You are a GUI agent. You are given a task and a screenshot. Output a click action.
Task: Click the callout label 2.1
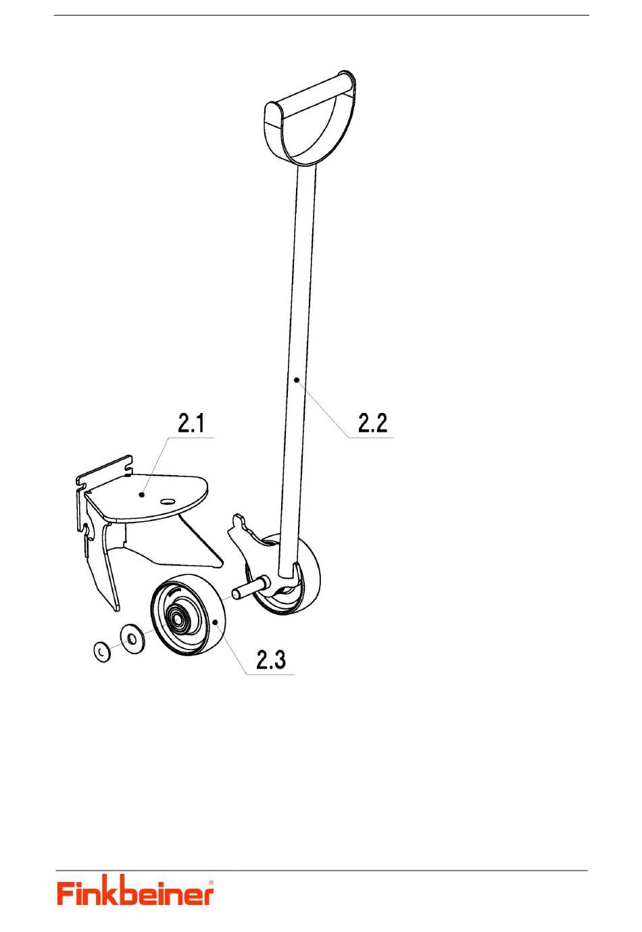(x=191, y=424)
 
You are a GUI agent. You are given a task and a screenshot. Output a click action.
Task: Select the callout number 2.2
(x=372, y=424)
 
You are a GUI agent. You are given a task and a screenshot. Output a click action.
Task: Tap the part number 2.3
(x=270, y=660)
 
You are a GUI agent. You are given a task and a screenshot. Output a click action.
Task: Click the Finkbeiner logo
(x=135, y=893)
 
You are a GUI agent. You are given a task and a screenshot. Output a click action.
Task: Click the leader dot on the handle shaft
(x=297, y=380)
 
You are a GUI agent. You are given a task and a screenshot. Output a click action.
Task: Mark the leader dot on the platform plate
(x=141, y=495)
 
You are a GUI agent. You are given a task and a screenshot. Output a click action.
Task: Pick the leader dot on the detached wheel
(x=214, y=620)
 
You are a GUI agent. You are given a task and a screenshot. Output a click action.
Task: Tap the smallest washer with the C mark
(x=102, y=652)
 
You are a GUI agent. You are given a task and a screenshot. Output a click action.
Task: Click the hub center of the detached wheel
(x=177, y=616)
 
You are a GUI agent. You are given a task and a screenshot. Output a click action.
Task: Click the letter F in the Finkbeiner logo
(x=66, y=893)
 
